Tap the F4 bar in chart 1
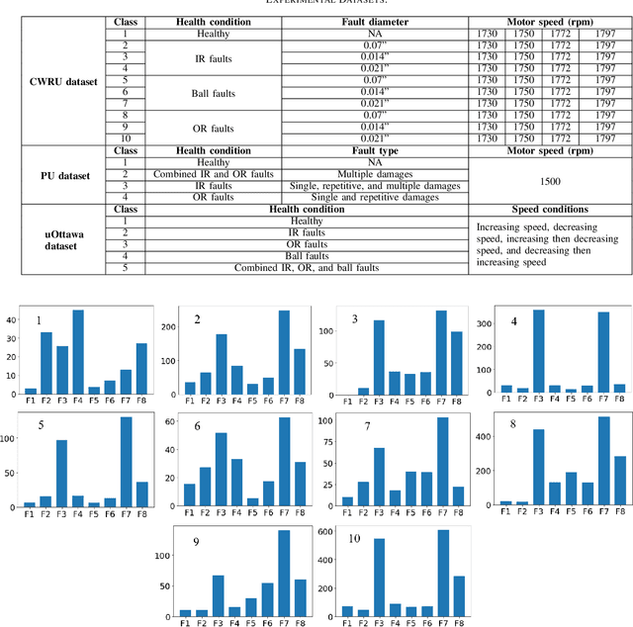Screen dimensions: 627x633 pyautogui.click(x=78, y=352)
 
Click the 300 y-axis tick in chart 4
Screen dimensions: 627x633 pyautogui.click(x=485, y=322)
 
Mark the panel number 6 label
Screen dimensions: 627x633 pyautogui.click(x=198, y=427)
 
